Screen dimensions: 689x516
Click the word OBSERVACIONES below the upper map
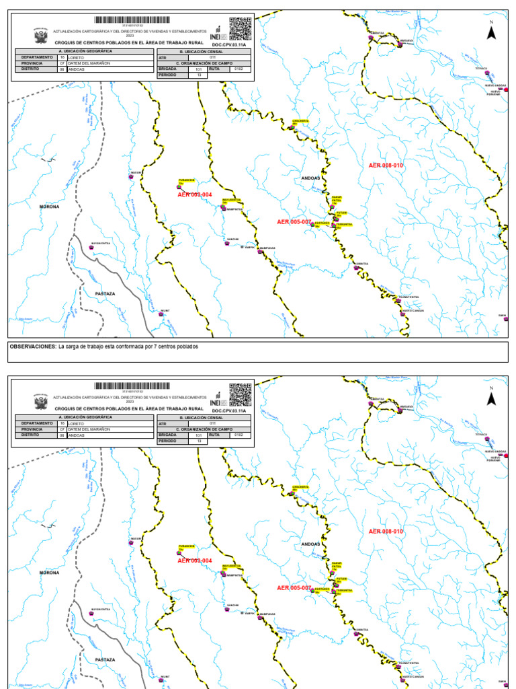(x=32, y=347)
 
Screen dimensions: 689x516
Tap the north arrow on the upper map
(x=491, y=31)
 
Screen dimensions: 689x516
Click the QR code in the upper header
(x=241, y=29)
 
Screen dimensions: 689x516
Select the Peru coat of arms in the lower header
(x=40, y=402)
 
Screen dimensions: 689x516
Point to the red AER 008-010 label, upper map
(x=386, y=165)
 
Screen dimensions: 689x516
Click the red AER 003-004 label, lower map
(x=194, y=560)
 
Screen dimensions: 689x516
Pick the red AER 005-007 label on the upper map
(x=294, y=221)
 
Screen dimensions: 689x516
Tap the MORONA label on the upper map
(x=49, y=207)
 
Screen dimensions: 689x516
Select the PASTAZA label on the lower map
(x=105, y=660)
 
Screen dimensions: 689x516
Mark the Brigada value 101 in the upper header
(x=198, y=69)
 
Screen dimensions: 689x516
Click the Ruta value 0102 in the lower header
(x=239, y=435)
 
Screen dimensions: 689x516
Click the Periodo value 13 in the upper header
(x=198, y=75)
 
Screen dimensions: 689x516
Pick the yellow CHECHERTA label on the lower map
(x=300, y=487)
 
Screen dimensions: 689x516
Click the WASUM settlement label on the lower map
(x=136, y=538)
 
